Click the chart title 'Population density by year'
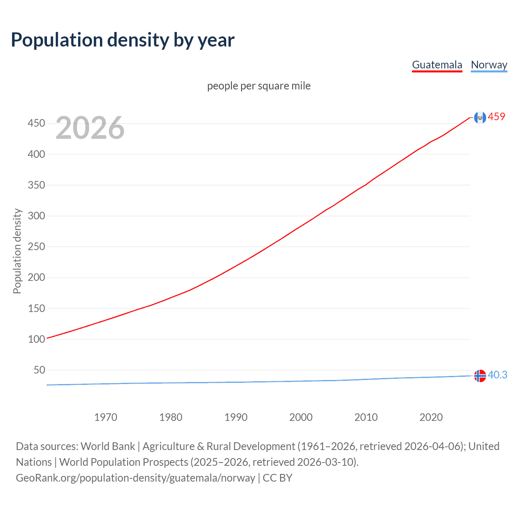[123, 40]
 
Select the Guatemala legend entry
[437, 65]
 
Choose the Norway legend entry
[489, 65]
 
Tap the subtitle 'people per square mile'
[259, 86]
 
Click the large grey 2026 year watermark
[90, 128]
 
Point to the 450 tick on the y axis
[36, 123]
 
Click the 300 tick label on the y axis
[36, 216]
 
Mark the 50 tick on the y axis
[39, 370]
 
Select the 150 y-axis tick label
[36, 308]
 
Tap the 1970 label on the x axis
[106, 417]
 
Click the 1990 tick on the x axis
[236, 417]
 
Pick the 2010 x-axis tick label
[366, 417]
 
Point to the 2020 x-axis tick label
[431, 417]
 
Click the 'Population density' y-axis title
[17, 251]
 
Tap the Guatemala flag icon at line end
[480, 117]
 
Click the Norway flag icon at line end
[480, 376]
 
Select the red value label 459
[497, 117]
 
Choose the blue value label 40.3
[497, 375]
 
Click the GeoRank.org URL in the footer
[136, 478]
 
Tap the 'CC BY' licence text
[278, 478]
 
